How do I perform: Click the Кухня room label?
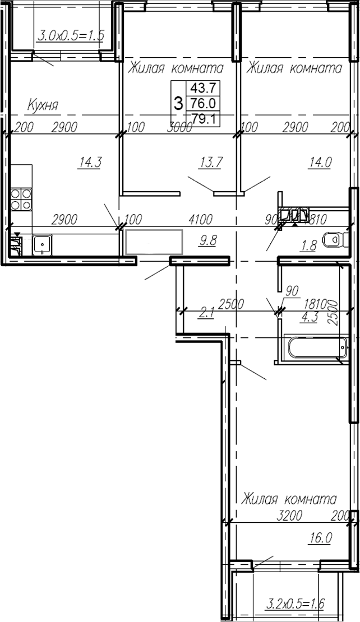tap(44, 105)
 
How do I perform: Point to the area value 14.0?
tap(320, 163)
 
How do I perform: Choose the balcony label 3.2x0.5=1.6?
tap(296, 603)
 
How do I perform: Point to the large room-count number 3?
tap(179, 103)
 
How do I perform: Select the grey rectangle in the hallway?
tap(155, 243)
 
